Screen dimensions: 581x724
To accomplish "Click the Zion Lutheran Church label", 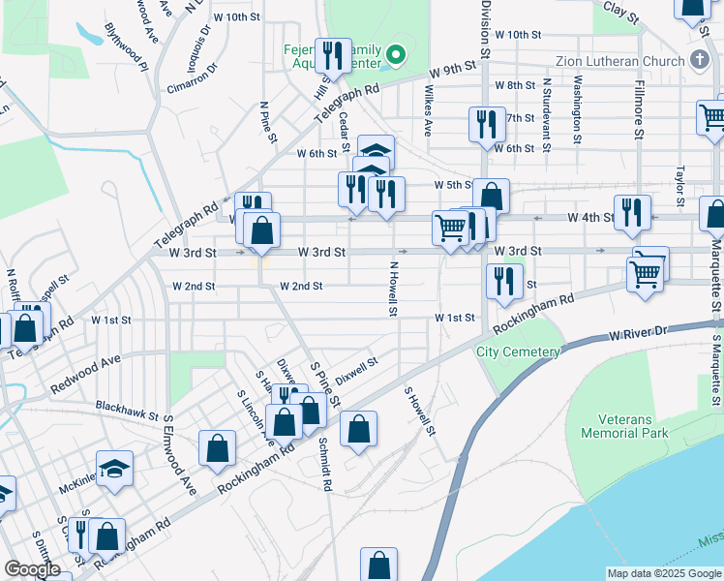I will point(619,61).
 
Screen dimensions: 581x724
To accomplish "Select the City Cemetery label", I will point(518,352).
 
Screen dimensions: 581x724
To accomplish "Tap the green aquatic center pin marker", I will point(395,52).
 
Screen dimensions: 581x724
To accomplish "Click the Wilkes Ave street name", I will point(426,108).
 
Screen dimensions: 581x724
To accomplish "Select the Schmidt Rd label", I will point(325,464).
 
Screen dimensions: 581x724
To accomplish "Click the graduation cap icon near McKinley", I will point(114,470).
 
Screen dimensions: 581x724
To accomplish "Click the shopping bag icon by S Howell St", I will point(358,431).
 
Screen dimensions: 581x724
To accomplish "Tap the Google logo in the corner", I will point(32,569).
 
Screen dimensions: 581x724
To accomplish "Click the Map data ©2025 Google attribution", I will point(664,573).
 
